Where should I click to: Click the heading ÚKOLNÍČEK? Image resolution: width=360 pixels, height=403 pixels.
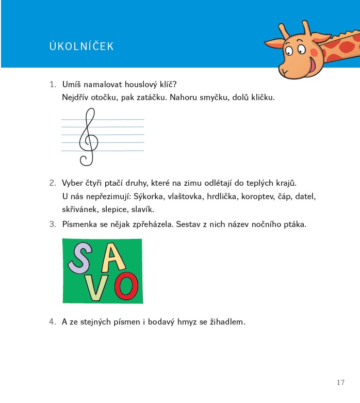click(81, 47)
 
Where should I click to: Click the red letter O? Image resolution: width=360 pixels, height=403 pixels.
click(126, 287)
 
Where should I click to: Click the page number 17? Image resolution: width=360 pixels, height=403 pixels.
click(340, 382)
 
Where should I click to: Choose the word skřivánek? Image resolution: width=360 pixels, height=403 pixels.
click(80, 209)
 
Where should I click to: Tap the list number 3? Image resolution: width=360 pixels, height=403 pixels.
click(52, 224)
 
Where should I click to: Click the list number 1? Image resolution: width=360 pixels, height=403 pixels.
click(52, 84)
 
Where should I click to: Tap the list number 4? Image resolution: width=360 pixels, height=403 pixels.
click(52, 322)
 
